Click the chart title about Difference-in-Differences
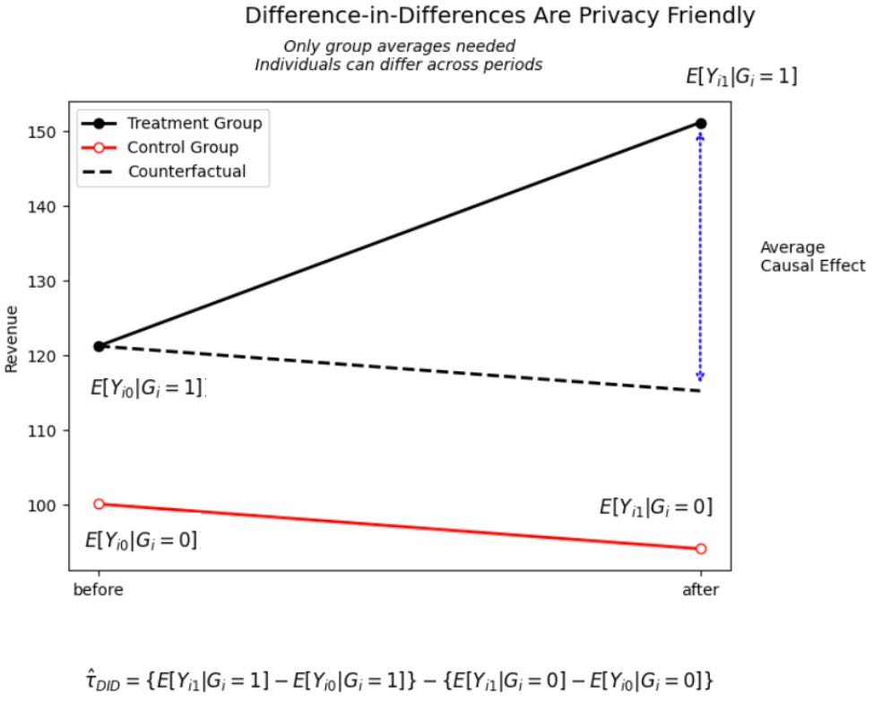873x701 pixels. (x=499, y=15)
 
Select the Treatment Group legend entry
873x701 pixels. (x=194, y=123)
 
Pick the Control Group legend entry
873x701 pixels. (x=183, y=147)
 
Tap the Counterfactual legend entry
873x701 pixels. (x=186, y=171)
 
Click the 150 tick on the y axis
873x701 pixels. (x=49, y=133)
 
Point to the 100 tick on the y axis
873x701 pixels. (x=49, y=506)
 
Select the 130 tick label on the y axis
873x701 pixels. (x=49, y=281)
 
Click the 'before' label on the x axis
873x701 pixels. (x=98, y=590)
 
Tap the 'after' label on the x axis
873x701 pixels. (x=700, y=590)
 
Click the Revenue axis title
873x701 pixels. (x=12, y=338)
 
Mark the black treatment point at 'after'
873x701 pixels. (x=701, y=124)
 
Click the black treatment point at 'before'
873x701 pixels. (x=99, y=346)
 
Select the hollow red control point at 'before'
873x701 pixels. (x=99, y=504)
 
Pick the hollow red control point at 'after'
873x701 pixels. (x=701, y=549)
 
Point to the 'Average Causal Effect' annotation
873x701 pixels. (x=812, y=256)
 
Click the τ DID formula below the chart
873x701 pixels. (x=398, y=679)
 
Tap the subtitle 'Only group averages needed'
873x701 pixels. (x=400, y=47)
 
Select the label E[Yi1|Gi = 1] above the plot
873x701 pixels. (x=741, y=77)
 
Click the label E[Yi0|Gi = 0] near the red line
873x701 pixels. (x=141, y=541)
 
